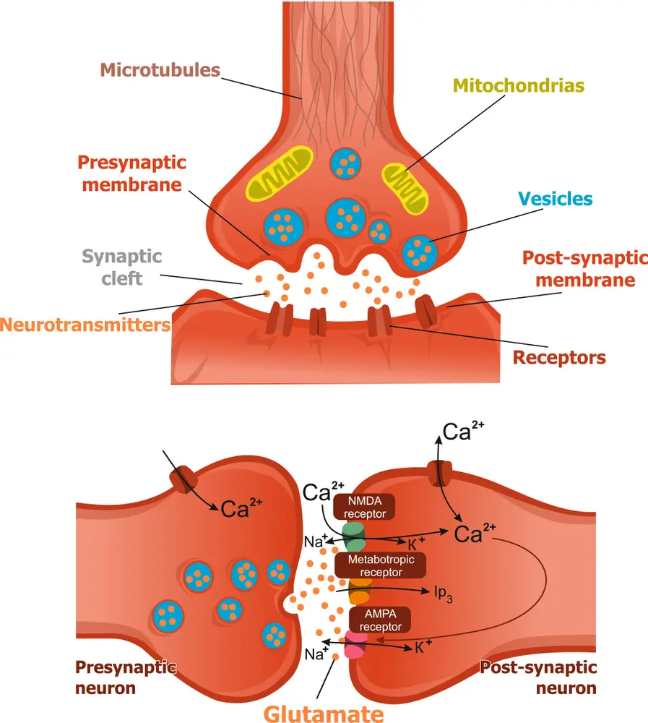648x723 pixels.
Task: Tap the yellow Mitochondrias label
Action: click(518, 86)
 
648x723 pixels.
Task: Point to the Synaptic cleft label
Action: click(121, 266)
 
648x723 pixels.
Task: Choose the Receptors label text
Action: click(559, 356)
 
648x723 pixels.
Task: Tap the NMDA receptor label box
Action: click(364, 507)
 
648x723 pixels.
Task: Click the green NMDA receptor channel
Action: click(354, 536)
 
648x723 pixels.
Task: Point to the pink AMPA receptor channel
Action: click(356, 645)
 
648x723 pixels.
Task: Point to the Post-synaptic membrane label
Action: click(584, 268)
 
